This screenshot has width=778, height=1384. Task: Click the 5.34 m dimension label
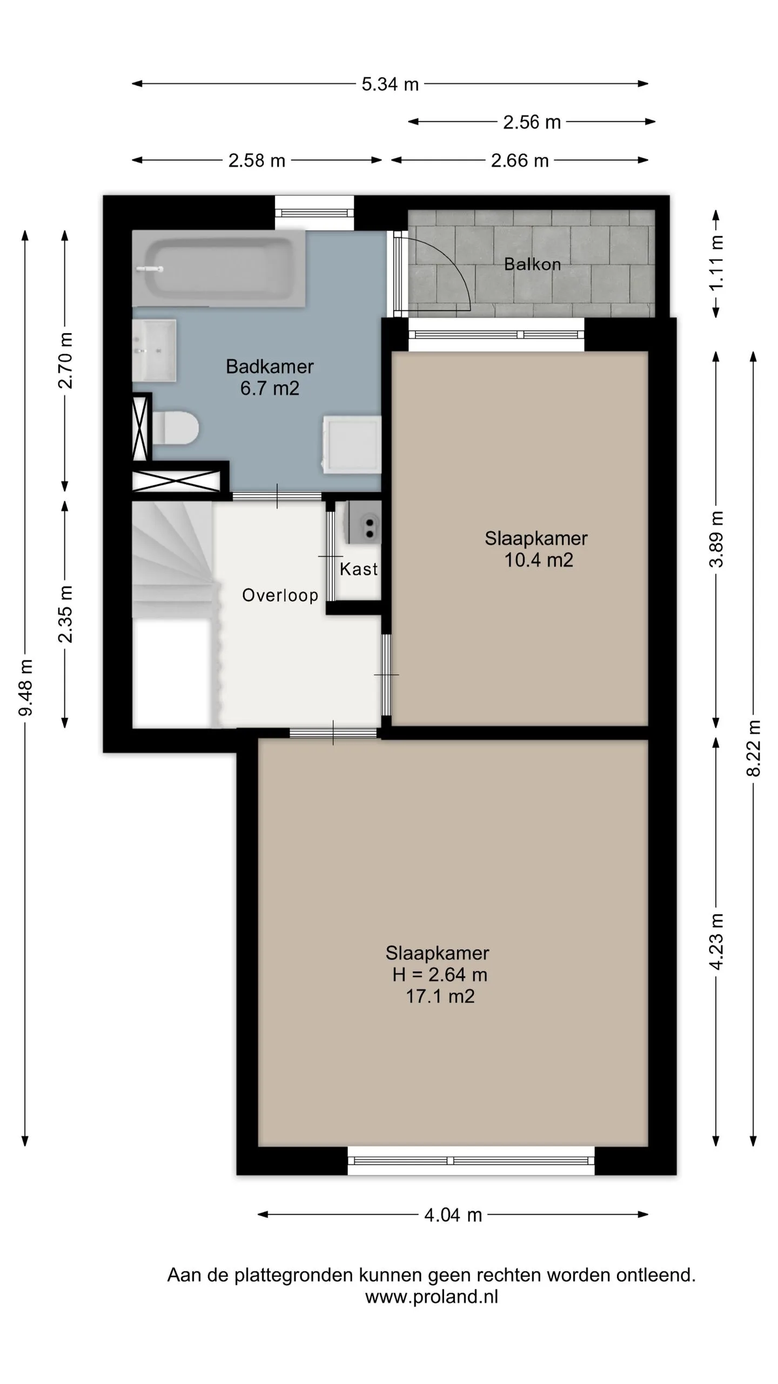pyautogui.click(x=390, y=84)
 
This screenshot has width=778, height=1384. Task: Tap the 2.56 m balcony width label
pyautogui.click(x=532, y=122)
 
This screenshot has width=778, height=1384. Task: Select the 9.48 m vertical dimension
pyautogui.click(x=25, y=688)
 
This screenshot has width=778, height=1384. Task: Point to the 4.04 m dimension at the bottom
pyautogui.click(x=453, y=1215)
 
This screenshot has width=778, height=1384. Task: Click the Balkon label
pyautogui.click(x=532, y=264)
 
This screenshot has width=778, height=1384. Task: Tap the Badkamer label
pyautogui.click(x=270, y=367)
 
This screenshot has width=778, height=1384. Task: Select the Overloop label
pyautogui.click(x=280, y=595)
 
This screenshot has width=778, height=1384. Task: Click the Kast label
pyautogui.click(x=359, y=569)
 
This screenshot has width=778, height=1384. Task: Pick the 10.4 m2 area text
pyautogui.click(x=539, y=560)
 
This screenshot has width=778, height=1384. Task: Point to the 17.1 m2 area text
pyautogui.click(x=440, y=996)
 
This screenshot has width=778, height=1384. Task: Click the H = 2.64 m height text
pyautogui.click(x=440, y=974)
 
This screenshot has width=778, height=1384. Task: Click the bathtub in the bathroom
pyautogui.click(x=219, y=268)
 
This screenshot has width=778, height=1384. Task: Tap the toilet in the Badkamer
pyautogui.click(x=175, y=428)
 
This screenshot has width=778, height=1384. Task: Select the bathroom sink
pyautogui.click(x=155, y=350)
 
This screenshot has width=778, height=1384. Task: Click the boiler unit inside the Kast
pyautogui.click(x=364, y=522)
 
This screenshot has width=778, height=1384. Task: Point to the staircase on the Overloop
pyautogui.click(x=173, y=560)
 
